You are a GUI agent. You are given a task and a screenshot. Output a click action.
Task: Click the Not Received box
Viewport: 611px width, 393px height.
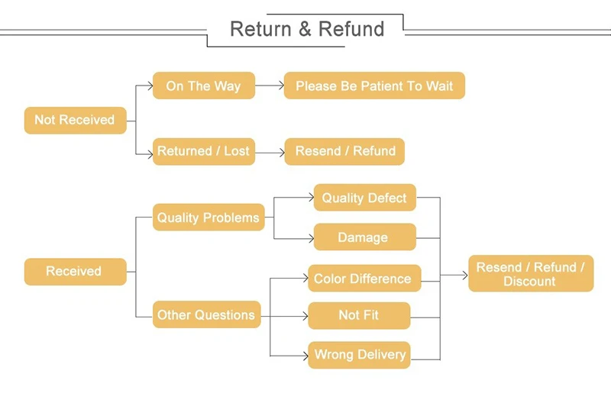[75, 121]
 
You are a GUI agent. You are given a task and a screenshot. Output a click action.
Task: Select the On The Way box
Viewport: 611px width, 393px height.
[204, 85]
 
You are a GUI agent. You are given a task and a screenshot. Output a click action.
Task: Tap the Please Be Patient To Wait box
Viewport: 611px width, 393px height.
[374, 85]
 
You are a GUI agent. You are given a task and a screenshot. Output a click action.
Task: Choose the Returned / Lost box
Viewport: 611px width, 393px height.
[204, 152]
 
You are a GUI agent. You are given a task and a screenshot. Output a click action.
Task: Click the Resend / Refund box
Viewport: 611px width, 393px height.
[345, 152]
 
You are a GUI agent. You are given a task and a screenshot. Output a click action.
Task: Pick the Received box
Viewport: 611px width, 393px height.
[75, 272]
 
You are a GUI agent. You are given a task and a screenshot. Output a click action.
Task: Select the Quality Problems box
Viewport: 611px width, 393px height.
[209, 217]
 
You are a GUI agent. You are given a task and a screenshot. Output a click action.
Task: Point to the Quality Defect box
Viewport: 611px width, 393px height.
[365, 198]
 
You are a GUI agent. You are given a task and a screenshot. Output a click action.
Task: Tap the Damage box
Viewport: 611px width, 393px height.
[365, 237]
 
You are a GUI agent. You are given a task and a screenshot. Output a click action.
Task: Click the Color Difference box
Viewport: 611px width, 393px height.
[364, 278]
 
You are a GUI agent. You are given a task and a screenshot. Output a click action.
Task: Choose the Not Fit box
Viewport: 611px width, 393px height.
[359, 315]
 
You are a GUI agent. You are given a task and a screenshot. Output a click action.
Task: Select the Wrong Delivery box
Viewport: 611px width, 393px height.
[359, 355]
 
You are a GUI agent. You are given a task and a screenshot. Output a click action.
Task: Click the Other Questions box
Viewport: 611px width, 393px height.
[206, 314]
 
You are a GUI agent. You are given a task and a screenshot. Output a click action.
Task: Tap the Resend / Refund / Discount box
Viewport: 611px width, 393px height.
[531, 273]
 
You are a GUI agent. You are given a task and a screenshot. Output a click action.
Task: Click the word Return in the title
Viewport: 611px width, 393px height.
[260, 29]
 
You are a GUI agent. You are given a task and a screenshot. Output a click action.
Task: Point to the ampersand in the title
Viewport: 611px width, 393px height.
[305, 29]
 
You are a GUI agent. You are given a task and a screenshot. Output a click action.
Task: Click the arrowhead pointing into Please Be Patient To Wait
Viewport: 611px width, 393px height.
[281, 85]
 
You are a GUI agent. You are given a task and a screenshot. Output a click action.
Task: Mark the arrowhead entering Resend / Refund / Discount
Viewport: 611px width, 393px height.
[465, 275]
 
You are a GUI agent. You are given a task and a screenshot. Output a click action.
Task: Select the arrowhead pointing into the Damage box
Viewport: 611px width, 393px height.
[311, 238]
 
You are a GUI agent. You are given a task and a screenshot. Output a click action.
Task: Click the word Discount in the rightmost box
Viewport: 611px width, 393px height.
[529, 282]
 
